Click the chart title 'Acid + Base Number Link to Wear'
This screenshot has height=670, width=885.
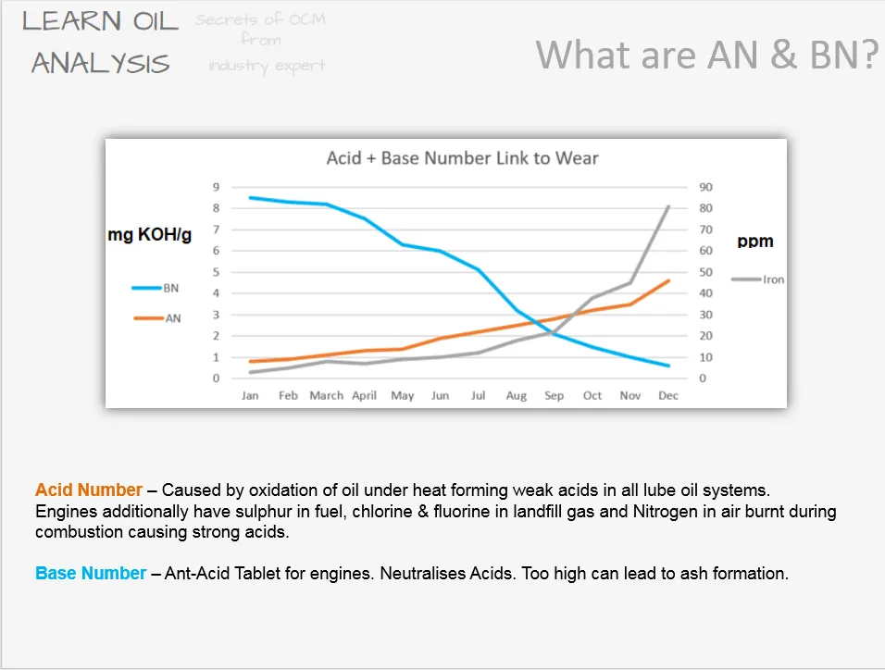pyautogui.click(x=462, y=158)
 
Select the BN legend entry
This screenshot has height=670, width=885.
pyautogui.click(x=156, y=288)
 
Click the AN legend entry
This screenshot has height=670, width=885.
pyautogui.click(x=156, y=318)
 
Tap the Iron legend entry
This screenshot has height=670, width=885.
pyautogui.click(x=757, y=279)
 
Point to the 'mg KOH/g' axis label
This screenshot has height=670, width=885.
pyautogui.click(x=150, y=234)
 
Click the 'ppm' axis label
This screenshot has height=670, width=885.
pyautogui.click(x=755, y=241)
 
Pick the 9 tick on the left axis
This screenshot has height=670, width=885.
pyautogui.click(x=217, y=187)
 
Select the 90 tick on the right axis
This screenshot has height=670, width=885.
pyautogui.click(x=706, y=187)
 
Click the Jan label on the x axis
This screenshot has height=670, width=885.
pyautogui.click(x=250, y=396)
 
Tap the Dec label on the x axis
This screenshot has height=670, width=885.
pyautogui.click(x=668, y=396)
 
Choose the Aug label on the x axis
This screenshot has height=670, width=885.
pyautogui.click(x=517, y=396)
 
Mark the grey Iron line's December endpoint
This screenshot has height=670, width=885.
pyautogui.click(x=668, y=206)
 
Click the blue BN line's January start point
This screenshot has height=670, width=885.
pyautogui.click(x=250, y=197)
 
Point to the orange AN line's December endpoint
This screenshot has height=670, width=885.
pyautogui.click(x=668, y=280)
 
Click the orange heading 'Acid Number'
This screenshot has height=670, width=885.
pyautogui.click(x=89, y=490)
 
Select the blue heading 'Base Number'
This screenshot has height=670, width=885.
pyautogui.click(x=91, y=573)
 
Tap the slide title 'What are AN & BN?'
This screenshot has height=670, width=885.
pyautogui.click(x=707, y=55)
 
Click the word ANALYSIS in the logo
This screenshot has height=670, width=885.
pyautogui.click(x=101, y=63)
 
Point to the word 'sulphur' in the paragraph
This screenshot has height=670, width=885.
pyautogui.click(x=264, y=512)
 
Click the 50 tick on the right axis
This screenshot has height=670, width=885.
pyautogui.click(x=706, y=272)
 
